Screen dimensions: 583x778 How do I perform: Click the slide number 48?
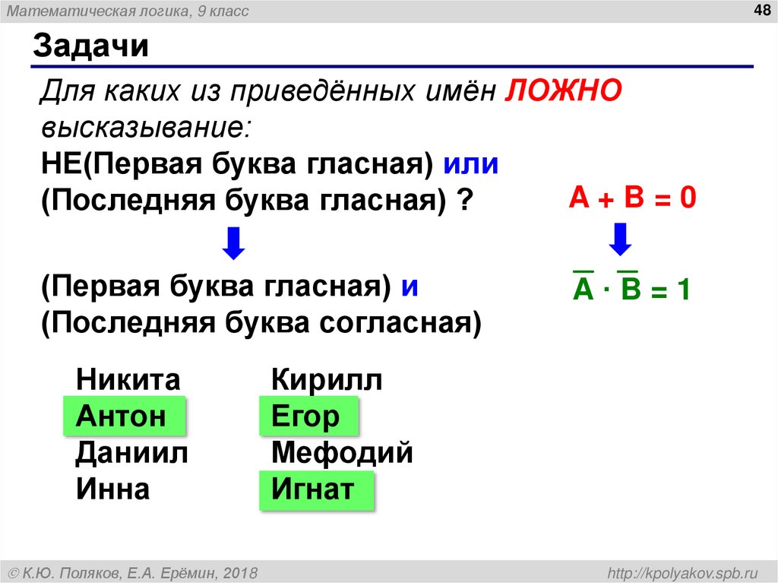[x=761, y=9]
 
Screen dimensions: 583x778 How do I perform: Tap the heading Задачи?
[x=90, y=47]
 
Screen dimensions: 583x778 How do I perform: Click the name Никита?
[x=128, y=379]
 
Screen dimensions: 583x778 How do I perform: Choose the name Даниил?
[x=131, y=453]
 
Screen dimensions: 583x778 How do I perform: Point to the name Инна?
[x=112, y=490]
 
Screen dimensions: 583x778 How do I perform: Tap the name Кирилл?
[x=327, y=379]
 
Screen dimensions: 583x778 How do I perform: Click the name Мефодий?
[x=342, y=453]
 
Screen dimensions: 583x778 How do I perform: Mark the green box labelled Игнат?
[x=317, y=490]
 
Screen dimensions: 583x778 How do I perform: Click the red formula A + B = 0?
[x=633, y=199]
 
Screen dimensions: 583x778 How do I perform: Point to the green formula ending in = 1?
[x=631, y=290]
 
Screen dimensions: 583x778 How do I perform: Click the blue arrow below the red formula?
[x=621, y=239]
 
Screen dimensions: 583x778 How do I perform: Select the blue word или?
[x=471, y=164]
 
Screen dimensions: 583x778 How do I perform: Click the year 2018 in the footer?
[x=240, y=572]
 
